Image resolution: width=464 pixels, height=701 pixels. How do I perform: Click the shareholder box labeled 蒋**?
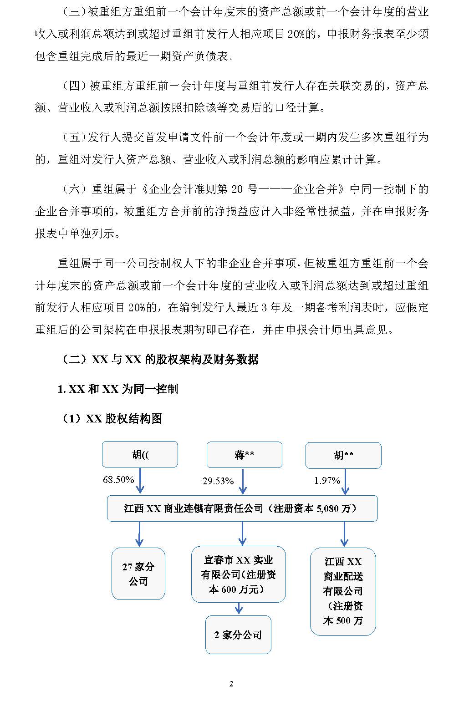click(x=244, y=455)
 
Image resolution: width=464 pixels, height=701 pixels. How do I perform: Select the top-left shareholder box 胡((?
click(x=140, y=454)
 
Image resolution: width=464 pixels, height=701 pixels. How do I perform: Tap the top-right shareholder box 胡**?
click(x=343, y=455)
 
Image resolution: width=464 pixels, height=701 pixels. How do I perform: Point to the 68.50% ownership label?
click(x=118, y=479)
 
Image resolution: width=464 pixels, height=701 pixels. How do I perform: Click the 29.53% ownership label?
click(x=218, y=481)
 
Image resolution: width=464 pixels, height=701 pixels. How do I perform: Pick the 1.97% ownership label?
click(x=327, y=480)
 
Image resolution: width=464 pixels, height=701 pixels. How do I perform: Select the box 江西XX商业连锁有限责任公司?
click(x=242, y=508)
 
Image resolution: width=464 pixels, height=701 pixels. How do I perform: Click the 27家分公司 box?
click(x=138, y=574)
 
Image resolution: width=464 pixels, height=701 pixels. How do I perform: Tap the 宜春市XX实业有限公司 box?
click(x=238, y=574)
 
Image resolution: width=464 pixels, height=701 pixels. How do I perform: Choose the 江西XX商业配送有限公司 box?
click(x=343, y=591)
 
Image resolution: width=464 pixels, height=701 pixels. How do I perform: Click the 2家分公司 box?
click(x=238, y=635)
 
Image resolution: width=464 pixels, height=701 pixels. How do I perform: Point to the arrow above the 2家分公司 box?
click(x=239, y=609)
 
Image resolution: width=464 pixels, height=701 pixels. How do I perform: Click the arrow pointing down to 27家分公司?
click(x=139, y=534)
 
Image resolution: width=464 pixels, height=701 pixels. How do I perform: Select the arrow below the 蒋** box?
click(x=243, y=482)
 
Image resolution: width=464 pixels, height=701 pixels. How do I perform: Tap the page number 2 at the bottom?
click(x=231, y=684)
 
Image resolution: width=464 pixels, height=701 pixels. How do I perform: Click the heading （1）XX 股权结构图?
click(x=111, y=418)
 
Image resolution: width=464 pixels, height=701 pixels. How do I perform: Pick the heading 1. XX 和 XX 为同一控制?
click(x=117, y=389)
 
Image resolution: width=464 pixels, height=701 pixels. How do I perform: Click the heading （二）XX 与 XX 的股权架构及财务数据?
click(x=159, y=359)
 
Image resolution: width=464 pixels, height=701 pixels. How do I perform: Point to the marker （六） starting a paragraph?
click(x=73, y=189)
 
